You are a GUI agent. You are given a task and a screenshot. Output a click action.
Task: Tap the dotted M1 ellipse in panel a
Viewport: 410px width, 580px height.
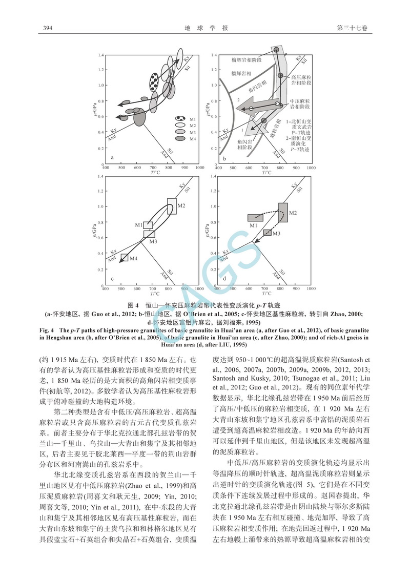(x=155, y=85)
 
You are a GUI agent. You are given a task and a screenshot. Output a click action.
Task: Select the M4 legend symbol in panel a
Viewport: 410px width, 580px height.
(x=179, y=139)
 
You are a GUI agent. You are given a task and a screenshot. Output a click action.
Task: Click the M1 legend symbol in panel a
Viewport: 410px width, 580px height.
(x=179, y=119)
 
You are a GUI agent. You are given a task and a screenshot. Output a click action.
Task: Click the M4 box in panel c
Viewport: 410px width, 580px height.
(x=124, y=258)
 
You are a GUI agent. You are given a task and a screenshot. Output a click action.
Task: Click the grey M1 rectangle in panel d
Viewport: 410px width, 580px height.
(x=255, y=218)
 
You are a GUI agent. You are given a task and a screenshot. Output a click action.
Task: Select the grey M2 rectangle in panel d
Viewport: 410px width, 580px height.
(x=283, y=212)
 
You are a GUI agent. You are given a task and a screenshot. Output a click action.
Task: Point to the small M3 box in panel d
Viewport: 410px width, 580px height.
(x=267, y=233)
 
